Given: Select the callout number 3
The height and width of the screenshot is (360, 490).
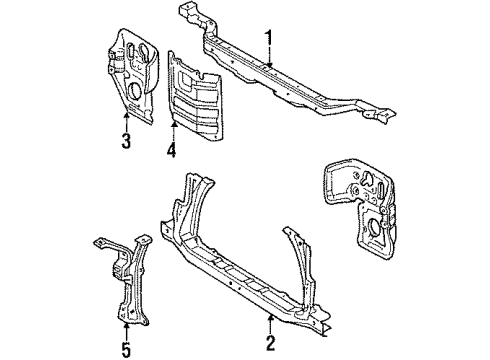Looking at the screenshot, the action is point(126,141).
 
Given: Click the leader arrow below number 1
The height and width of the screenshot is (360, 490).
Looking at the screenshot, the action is point(268,62).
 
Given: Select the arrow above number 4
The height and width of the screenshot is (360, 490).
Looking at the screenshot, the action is point(171,129).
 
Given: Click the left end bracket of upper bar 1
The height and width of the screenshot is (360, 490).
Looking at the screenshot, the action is point(196,18).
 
